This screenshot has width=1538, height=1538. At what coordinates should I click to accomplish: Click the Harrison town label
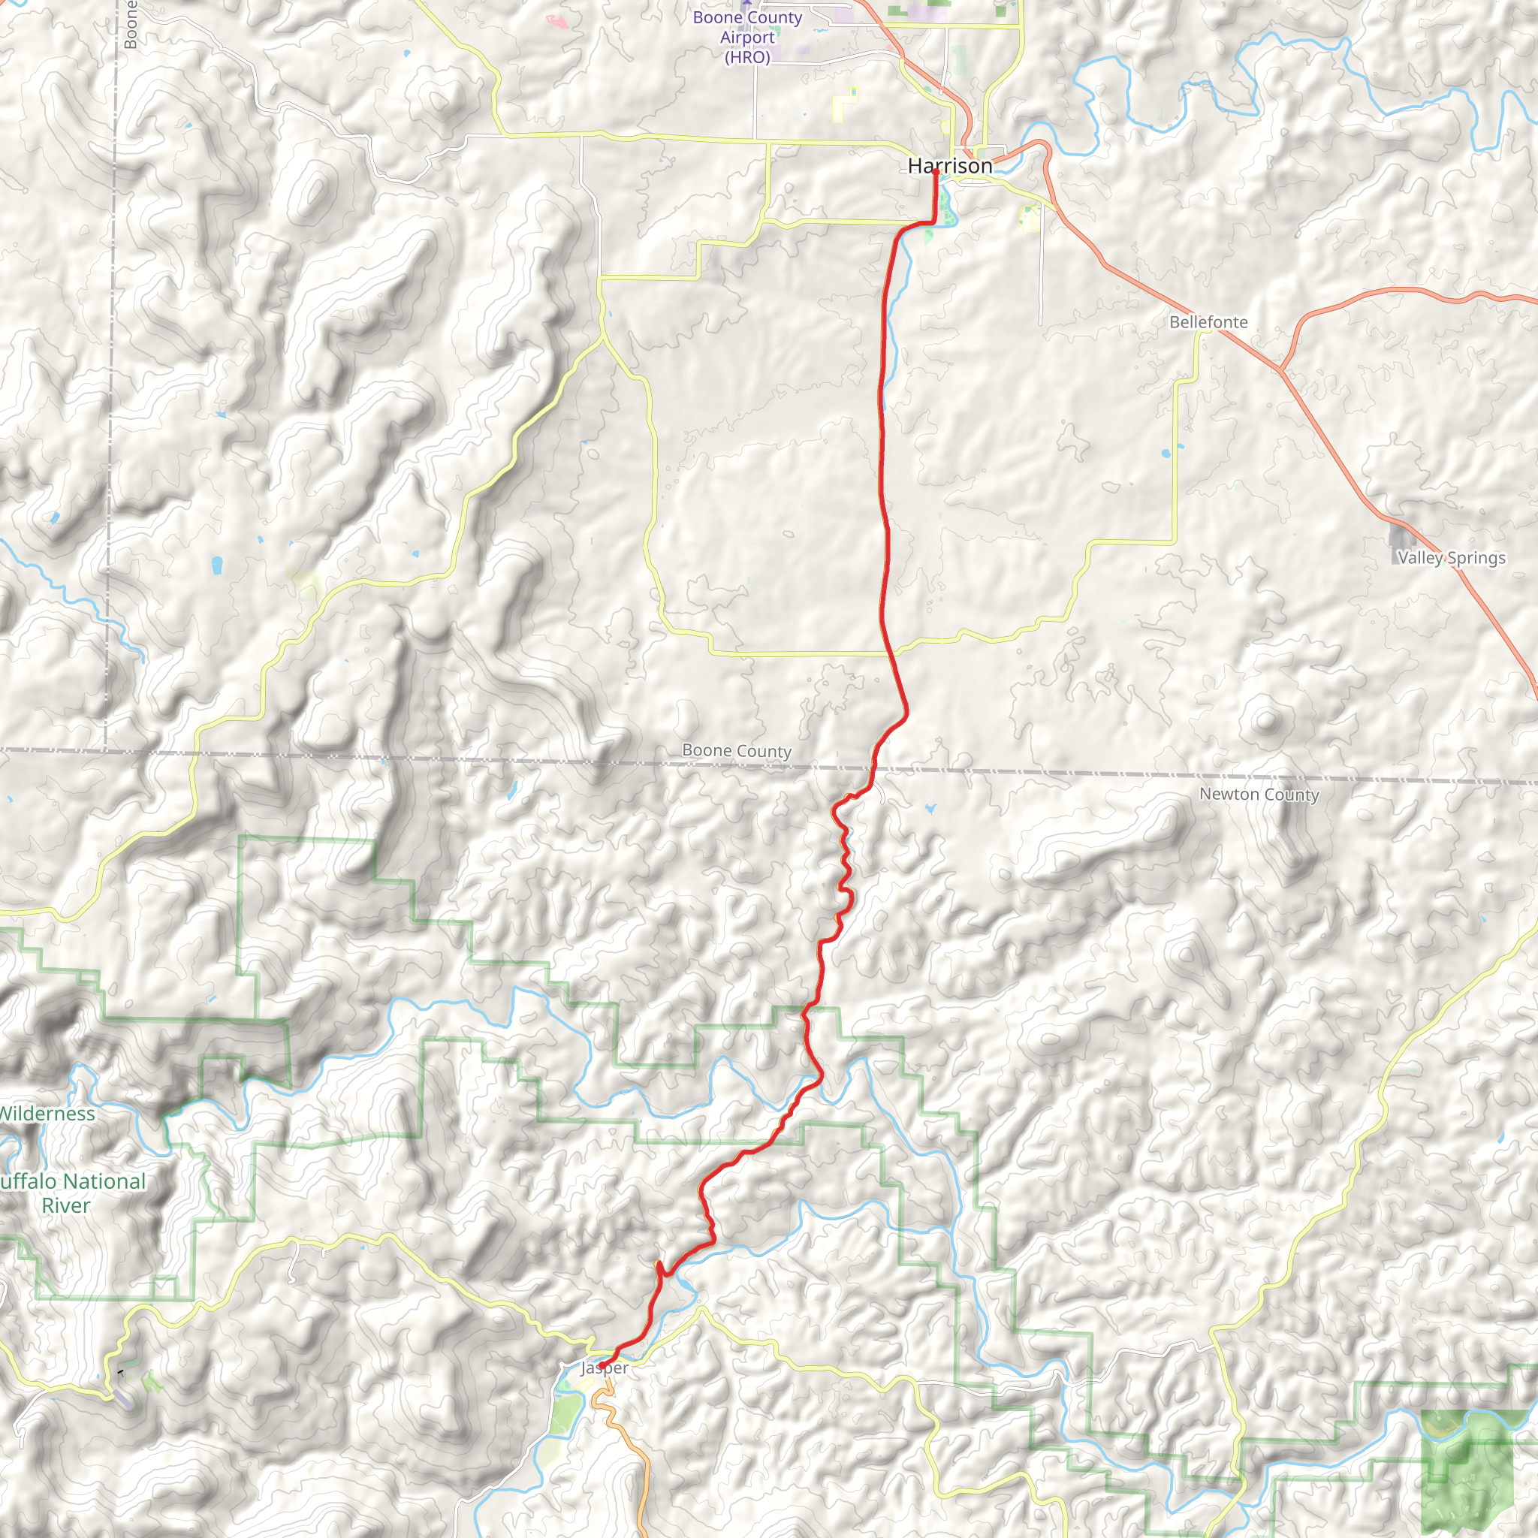(950, 165)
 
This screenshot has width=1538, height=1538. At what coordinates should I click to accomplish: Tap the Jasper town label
(605, 1368)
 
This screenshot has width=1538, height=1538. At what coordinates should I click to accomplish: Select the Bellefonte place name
(1208, 321)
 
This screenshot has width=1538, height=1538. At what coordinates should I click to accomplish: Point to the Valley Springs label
(1451, 558)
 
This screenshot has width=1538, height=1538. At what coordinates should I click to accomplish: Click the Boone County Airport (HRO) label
(747, 38)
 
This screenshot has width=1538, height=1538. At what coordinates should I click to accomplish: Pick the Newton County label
(1259, 794)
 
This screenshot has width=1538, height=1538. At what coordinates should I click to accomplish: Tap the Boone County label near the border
(737, 751)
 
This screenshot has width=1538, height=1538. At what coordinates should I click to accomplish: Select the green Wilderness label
(48, 1114)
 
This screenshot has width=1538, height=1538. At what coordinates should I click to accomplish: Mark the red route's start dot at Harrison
(936, 172)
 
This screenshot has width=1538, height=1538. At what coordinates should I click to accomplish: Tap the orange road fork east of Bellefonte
(1281, 369)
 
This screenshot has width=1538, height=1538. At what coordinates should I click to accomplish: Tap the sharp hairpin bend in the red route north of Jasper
(659, 1265)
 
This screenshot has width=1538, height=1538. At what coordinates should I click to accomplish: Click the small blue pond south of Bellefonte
(1166, 454)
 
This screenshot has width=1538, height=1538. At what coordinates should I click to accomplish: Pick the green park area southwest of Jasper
(567, 1413)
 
